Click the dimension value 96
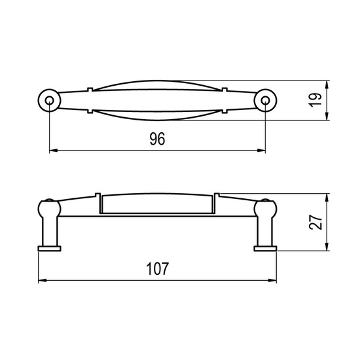coord(157,139)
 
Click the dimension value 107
coord(158,268)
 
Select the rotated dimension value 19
coord(315,100)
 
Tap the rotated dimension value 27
coord(315,222)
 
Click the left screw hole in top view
coord(49,100)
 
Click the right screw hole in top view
coord(265,100)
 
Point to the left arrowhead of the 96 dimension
coord(54,151)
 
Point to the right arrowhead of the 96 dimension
coord(261,151)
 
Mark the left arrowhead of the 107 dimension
coord(43,280)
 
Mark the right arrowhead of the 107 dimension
coord(272,280)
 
